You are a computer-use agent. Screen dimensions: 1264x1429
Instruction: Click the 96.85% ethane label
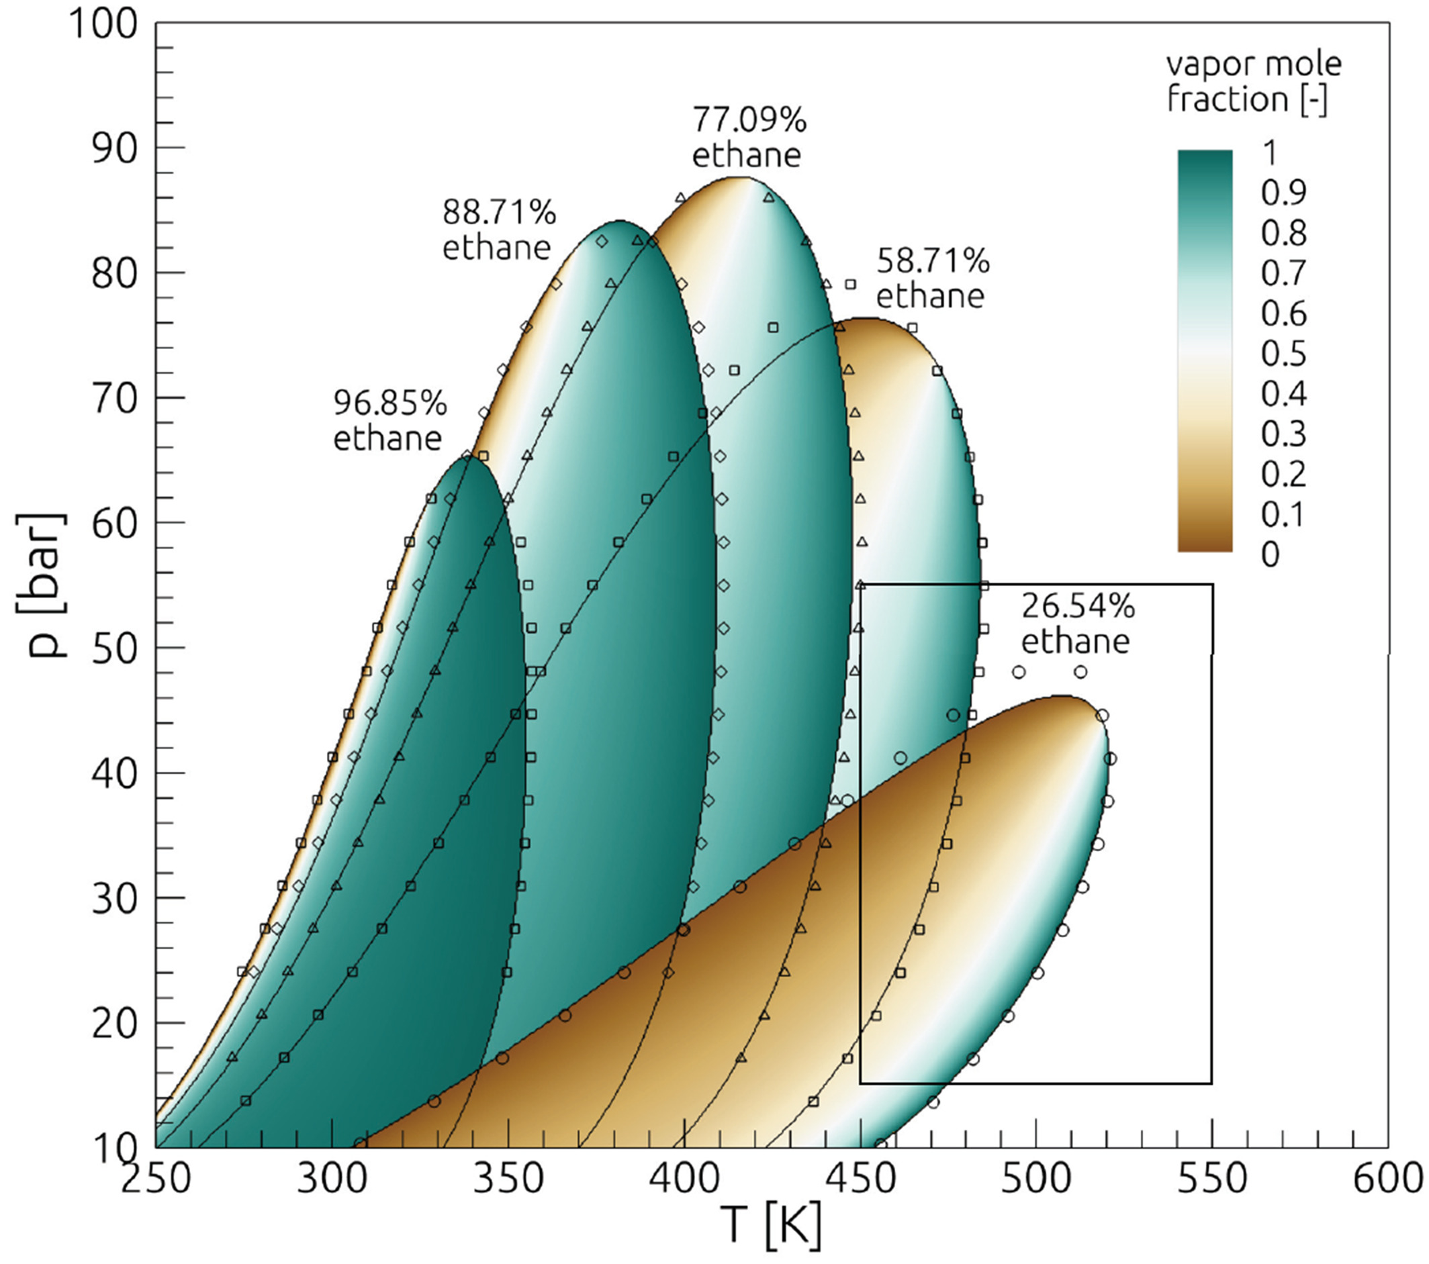[x=389, y=421]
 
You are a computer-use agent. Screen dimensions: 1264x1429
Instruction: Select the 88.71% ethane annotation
[x=498, y=229]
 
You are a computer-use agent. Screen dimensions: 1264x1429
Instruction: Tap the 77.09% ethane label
[x=748, y=137]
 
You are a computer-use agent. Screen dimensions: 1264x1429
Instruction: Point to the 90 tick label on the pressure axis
[x=114, y=148]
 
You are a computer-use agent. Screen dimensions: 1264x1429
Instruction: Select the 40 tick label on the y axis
[x=114, y=773]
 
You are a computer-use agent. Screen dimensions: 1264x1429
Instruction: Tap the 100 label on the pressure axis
[x=103, y=25]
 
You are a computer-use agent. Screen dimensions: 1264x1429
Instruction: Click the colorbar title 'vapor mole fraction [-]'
[x=1254, y=81]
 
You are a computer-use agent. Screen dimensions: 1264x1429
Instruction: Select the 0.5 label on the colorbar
[x=1283, y=354]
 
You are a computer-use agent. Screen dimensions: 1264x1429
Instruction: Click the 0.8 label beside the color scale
[x=1283, y=233]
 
